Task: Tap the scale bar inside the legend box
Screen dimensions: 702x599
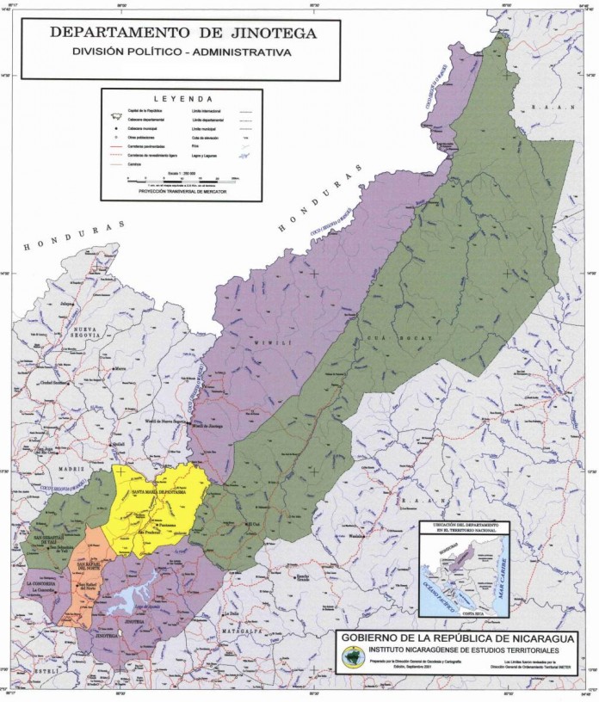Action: [x=181, y=180]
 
